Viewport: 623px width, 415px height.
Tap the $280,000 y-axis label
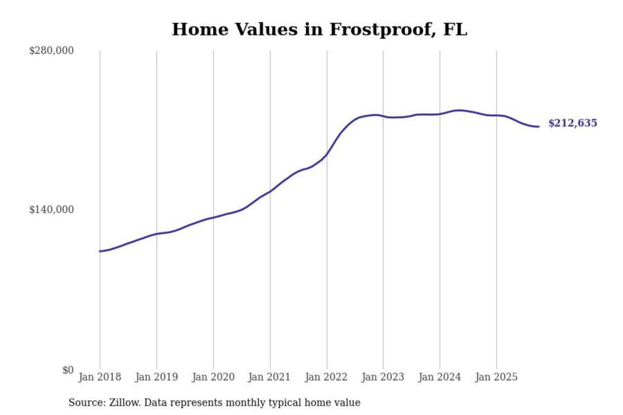tap(51, 51)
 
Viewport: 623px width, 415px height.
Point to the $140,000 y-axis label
tap(51, 210)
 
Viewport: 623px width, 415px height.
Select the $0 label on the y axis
tap(68, 370)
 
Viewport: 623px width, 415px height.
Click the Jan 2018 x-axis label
tap(100, 377)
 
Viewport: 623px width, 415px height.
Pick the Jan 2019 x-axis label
tap(157, 377)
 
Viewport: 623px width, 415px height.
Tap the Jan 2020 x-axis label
tap(213, 377)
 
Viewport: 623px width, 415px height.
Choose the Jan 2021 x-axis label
tap(269, 377)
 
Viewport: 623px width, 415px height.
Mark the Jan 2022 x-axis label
tap(326, 377)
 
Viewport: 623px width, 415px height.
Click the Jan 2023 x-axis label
tap(383, 377)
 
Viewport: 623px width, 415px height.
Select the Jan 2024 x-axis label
tap(440, 377)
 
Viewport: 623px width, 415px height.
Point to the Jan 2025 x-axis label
tap(496, 377)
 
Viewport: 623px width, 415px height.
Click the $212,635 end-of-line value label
tap(572, 123)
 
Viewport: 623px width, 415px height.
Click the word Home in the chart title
tap(200, 30)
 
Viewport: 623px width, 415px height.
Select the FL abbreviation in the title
tap(455, 30)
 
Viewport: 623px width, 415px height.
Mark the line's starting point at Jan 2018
tap(100, 251)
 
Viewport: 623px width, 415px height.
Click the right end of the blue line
tap(539, 127)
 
